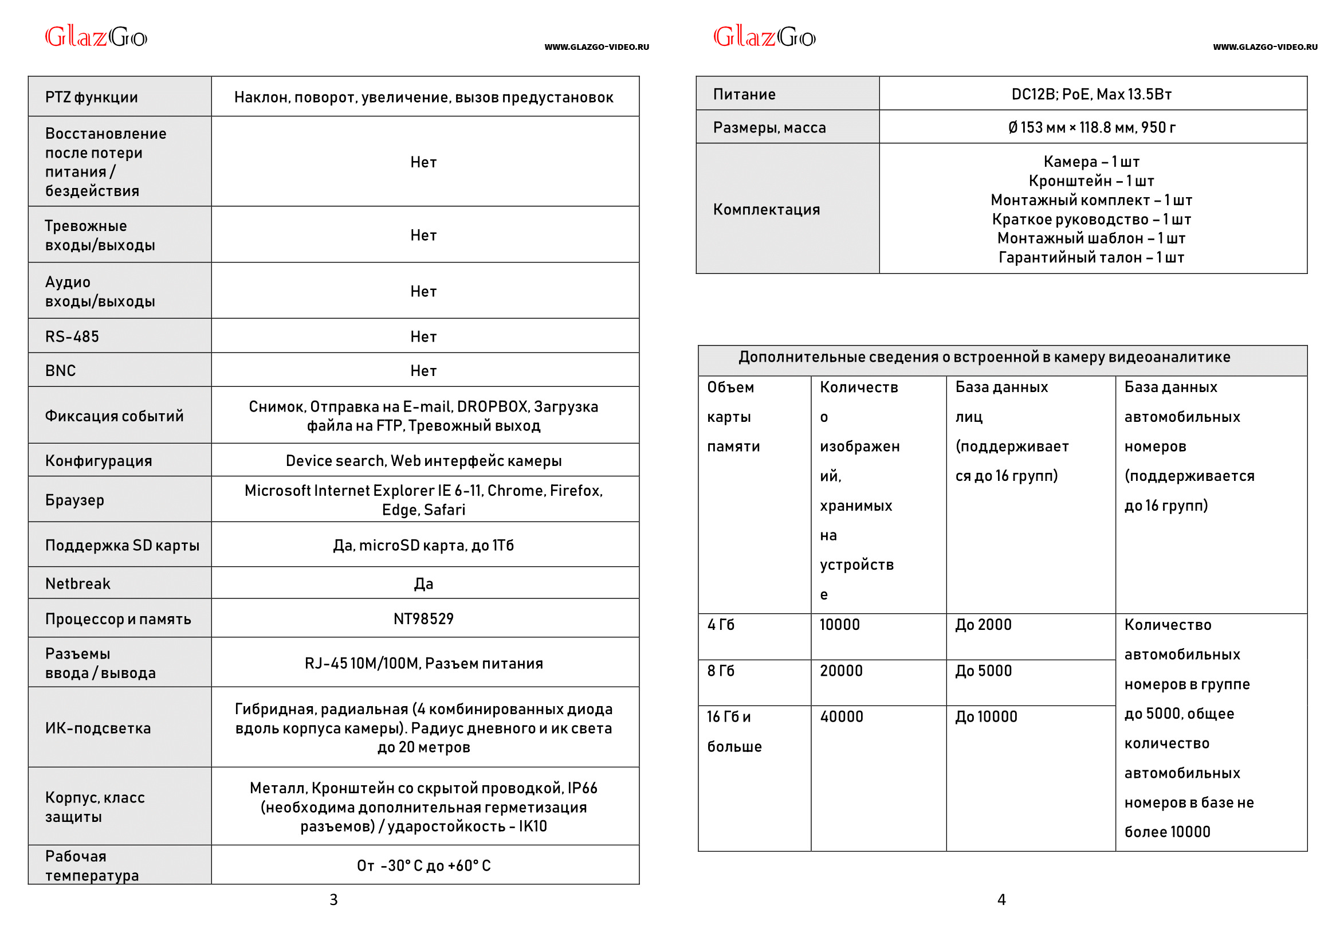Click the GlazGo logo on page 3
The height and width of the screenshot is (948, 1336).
click(96, 37)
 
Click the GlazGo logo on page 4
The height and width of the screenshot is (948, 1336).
click(764, 37)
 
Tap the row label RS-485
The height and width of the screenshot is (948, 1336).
click(72, 336)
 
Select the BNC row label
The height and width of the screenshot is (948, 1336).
click(61, 370)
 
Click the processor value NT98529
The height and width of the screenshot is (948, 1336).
click(423, 618)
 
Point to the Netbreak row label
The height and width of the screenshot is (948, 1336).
click(77, 583)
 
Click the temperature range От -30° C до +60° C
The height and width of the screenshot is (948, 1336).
click(423, 865)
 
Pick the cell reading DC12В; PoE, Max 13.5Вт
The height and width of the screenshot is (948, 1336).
click(1091, 94)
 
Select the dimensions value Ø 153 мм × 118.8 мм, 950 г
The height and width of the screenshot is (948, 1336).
click(1091, 127)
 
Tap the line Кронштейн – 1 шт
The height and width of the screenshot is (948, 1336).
click(1091, 181)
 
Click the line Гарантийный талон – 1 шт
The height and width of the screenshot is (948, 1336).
click(1091, 257)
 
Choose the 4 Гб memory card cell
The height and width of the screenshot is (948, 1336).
click(721, 624)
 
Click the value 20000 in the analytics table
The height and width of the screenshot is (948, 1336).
click(840, 670)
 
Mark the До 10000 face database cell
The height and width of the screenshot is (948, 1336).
click(985, 716)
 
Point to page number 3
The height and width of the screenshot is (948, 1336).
click(333, 899)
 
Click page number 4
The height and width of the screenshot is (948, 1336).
click(1001, 899)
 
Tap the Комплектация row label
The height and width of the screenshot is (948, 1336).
click(766, 209)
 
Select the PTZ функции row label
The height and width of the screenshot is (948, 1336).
click(92, 97)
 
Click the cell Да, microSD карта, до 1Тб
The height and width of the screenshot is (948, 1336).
click(423, 544)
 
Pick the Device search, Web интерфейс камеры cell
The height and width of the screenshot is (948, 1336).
click(423, 460)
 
